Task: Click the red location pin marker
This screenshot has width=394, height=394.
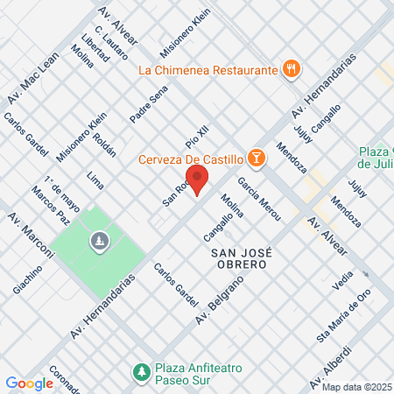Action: point(198,179)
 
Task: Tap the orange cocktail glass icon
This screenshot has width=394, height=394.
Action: point(256,158)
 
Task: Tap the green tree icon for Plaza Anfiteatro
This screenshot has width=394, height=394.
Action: point(140,373)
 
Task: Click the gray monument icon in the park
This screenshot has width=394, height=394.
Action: point(99,238)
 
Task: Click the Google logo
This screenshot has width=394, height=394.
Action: point(29,383)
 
